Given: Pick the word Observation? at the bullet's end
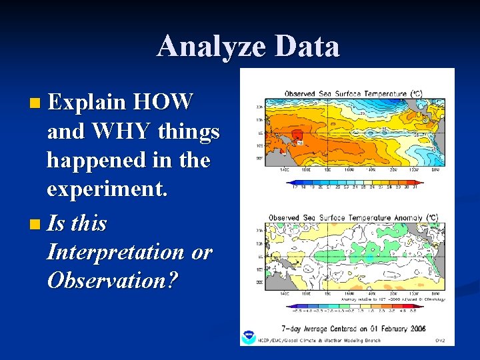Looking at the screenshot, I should click(113, 281).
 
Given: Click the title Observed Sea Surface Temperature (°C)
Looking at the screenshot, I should click(353, 94).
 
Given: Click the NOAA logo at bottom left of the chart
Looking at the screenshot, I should click(249, 337).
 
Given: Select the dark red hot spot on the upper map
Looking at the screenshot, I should click(298, 141).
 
